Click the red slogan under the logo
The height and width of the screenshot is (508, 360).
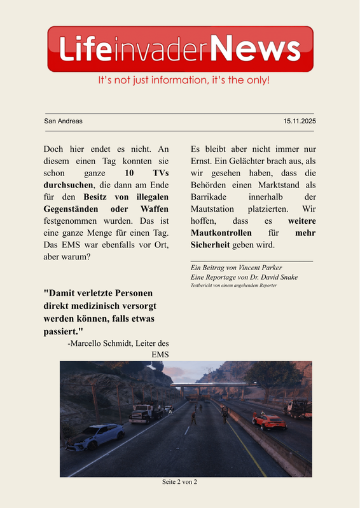tap(183, 81)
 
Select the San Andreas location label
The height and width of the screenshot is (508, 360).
tap(63, 121)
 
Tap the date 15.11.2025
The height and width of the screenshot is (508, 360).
tap(300, 121)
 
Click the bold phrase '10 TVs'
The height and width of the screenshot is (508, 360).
tap(147, 172)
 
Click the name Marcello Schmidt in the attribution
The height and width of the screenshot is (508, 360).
tap(111, 343)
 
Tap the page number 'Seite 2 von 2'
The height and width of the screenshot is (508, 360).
tap(179, 482)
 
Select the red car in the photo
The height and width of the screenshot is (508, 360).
tap(268, 422)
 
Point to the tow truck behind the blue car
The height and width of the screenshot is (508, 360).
tap(146, 414)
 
